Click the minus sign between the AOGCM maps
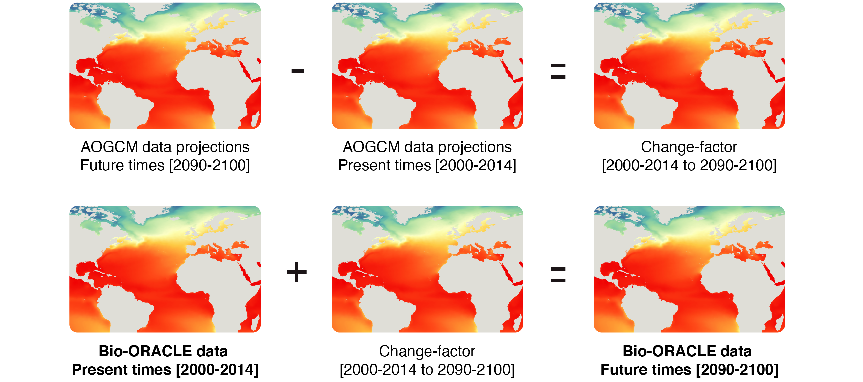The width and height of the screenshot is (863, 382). coord(298,71)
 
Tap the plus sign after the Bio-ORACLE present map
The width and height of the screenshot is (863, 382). coord(297,272)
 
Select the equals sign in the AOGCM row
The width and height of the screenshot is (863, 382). coord(558,72)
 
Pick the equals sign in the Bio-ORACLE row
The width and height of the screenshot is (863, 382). coord(558,274)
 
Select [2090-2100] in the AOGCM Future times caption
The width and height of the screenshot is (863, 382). coord(210,165)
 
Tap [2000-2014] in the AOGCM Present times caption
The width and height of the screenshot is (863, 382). coord(476,165)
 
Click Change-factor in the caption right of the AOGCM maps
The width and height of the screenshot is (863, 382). coord(689,147)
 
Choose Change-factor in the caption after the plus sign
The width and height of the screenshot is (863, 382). coord(427,351)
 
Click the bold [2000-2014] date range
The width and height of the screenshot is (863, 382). coord(218,370)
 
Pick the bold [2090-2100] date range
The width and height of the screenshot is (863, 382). coord(737,370)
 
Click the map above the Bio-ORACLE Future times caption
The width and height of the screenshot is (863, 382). coord(689,269)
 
